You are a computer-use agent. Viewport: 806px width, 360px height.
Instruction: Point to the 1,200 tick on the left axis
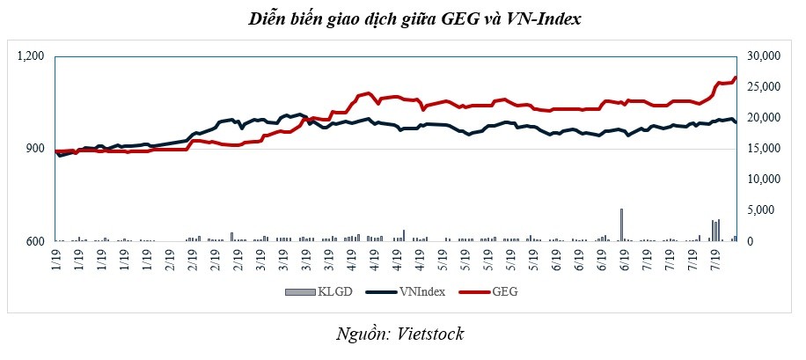point(31,56)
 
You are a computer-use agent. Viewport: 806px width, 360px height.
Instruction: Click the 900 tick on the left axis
point(36,149)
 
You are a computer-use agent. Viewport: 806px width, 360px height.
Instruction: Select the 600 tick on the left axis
point(36,241)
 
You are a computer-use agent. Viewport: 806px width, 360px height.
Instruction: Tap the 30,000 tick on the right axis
point(765,56)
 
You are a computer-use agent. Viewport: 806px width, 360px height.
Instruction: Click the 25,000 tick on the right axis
point(765,87)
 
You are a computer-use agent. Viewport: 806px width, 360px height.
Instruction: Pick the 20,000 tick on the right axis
point(765,118)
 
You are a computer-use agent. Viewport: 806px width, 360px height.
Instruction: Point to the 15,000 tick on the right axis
point(765,149)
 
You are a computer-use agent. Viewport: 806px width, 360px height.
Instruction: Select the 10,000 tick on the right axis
point(765,180)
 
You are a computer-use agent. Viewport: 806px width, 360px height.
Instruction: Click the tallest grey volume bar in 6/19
point(621,224)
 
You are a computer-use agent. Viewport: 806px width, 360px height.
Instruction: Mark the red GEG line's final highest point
point(735,77)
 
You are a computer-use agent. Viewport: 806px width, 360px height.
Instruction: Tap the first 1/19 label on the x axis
point(56,261)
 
